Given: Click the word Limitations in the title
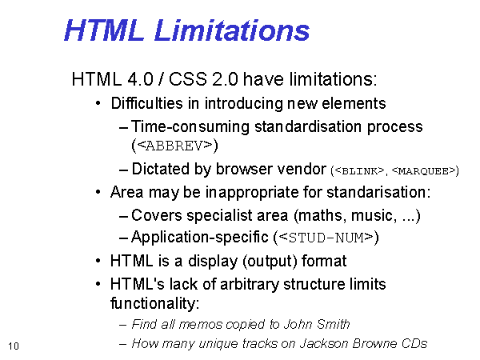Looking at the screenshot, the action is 232,30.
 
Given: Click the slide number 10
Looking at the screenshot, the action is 14,346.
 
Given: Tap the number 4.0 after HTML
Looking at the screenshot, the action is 140,79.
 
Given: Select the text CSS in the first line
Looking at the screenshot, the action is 187,79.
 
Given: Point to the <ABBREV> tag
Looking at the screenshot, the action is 174,146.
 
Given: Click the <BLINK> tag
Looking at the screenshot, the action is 359,171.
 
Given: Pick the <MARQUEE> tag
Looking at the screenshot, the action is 424,171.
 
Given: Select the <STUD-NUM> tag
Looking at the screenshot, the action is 326,238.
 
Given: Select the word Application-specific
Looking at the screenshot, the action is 199,238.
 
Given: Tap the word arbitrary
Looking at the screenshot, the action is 250,285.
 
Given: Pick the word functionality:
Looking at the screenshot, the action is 154,303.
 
